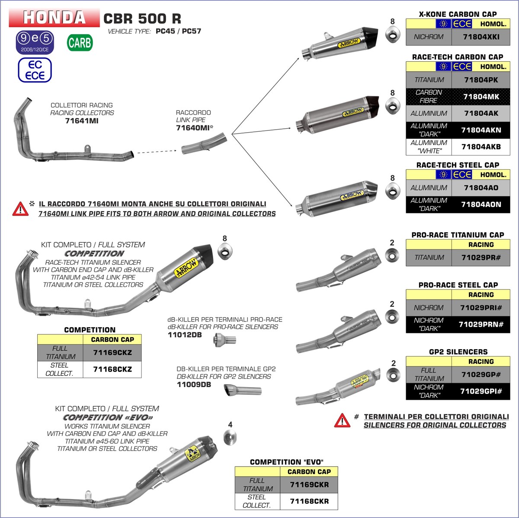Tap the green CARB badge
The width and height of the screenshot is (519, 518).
pos(80,43)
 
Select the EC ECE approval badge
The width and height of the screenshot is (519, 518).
pos(35,70)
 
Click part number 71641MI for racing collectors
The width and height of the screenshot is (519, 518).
pos(82,121)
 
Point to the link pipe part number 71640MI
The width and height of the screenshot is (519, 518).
pos(193,128)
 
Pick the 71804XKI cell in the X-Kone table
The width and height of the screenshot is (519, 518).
pos(481,37)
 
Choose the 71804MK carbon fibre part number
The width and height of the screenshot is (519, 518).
pos(481,97)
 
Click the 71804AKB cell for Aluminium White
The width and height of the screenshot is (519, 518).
pos(481,147)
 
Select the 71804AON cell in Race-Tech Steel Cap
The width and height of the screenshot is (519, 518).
pos(481,204)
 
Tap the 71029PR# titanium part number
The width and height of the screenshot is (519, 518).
pos(481,257)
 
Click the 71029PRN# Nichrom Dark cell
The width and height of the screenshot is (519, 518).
pos(481,324)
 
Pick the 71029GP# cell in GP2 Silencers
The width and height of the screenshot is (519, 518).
pos(481,375)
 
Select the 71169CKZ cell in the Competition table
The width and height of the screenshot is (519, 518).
pos(112,353)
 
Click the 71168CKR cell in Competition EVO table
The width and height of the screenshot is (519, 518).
pos(309,501)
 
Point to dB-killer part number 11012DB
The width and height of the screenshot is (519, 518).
pos(184,334)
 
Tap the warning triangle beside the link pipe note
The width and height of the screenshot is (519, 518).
pos(20,209)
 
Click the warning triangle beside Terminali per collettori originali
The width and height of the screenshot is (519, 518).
pos(342,420)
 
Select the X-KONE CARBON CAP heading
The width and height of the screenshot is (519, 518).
pos(458,14)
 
